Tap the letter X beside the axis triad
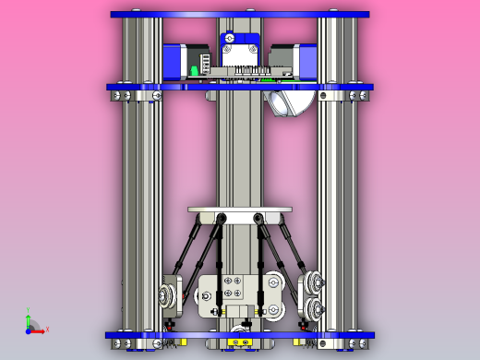47,329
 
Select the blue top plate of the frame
240,15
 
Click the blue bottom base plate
240,333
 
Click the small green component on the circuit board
193,71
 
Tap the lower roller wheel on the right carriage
315,308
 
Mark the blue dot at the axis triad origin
28,330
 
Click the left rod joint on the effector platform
222,218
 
